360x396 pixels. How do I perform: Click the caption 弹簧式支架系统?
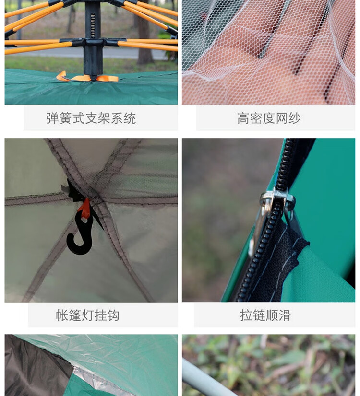91,118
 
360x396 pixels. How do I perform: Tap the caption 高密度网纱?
269,118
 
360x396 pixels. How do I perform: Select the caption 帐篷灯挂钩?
87,315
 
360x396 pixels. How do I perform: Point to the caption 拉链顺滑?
265,315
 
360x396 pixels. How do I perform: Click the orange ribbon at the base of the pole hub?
87,77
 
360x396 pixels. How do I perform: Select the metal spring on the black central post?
93,26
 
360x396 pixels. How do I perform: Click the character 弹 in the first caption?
53,118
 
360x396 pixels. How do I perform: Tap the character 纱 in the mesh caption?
295,118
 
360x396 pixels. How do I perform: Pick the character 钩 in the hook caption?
113,315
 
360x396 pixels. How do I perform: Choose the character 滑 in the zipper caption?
285,315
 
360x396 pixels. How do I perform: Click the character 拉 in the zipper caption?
246,315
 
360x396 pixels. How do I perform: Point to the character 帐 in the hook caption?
62,315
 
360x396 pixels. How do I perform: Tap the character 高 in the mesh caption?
243,118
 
